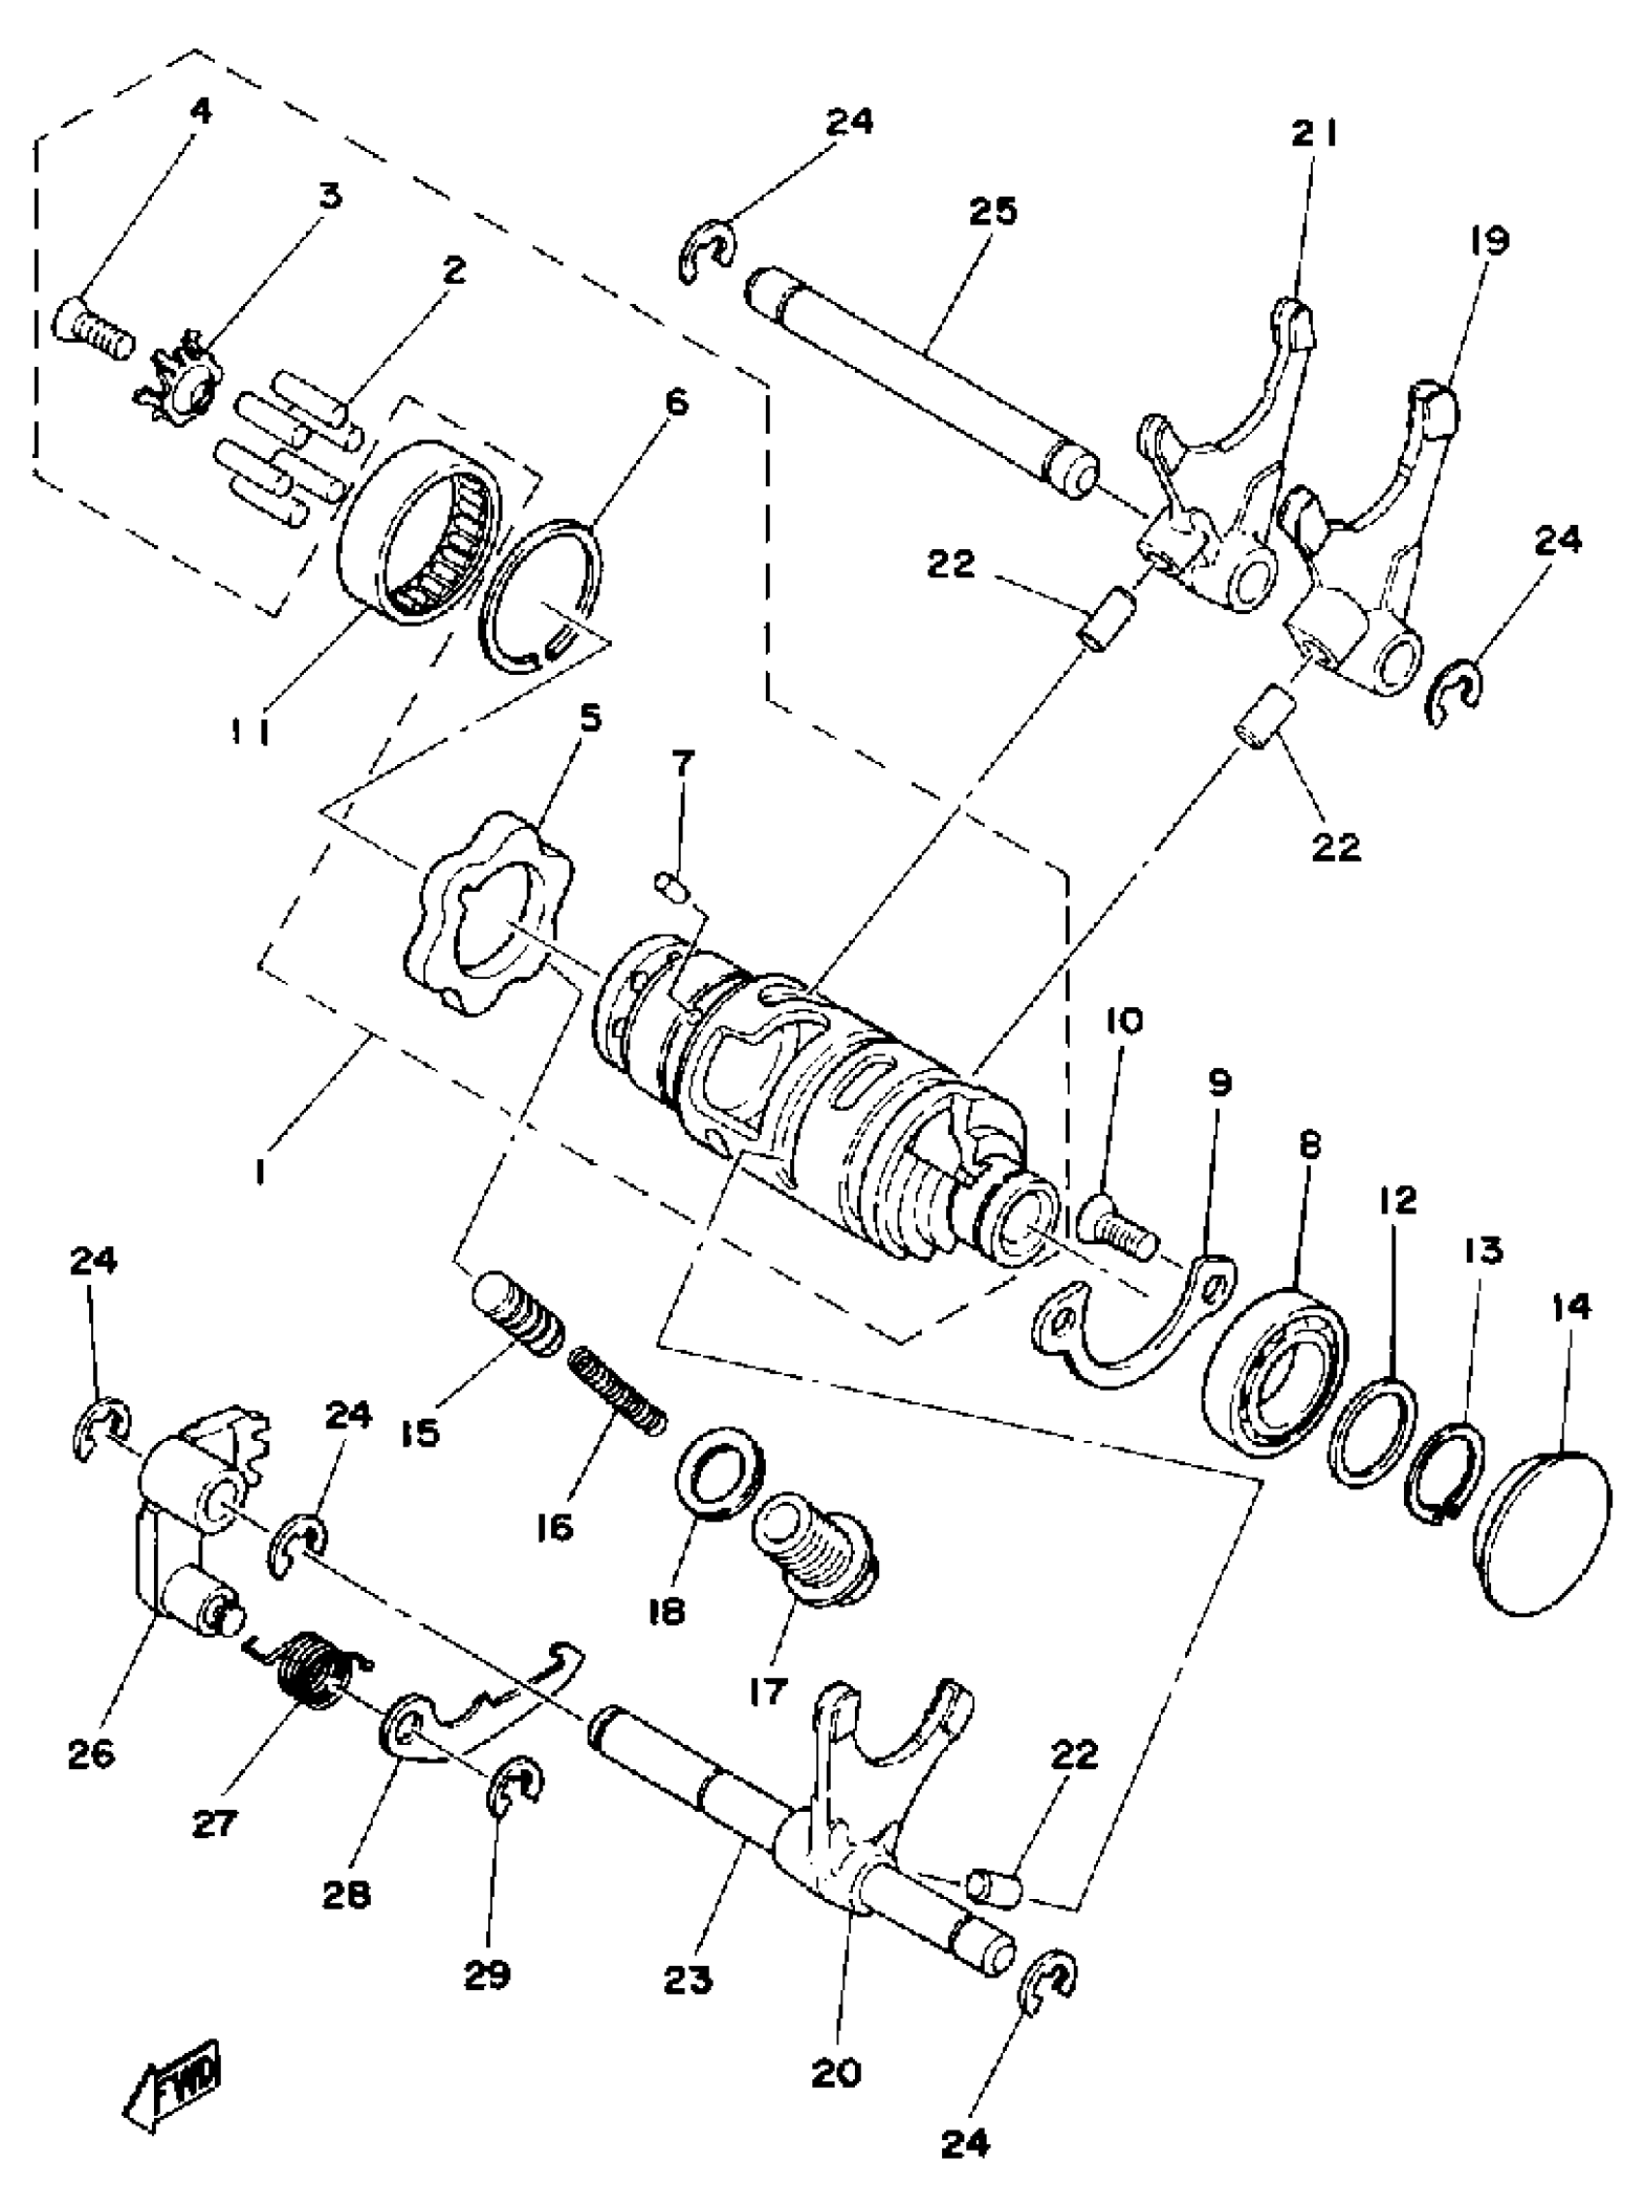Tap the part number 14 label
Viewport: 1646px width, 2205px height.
[x=1572, y=1306]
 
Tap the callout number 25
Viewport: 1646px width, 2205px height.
[x=991, y=212]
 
